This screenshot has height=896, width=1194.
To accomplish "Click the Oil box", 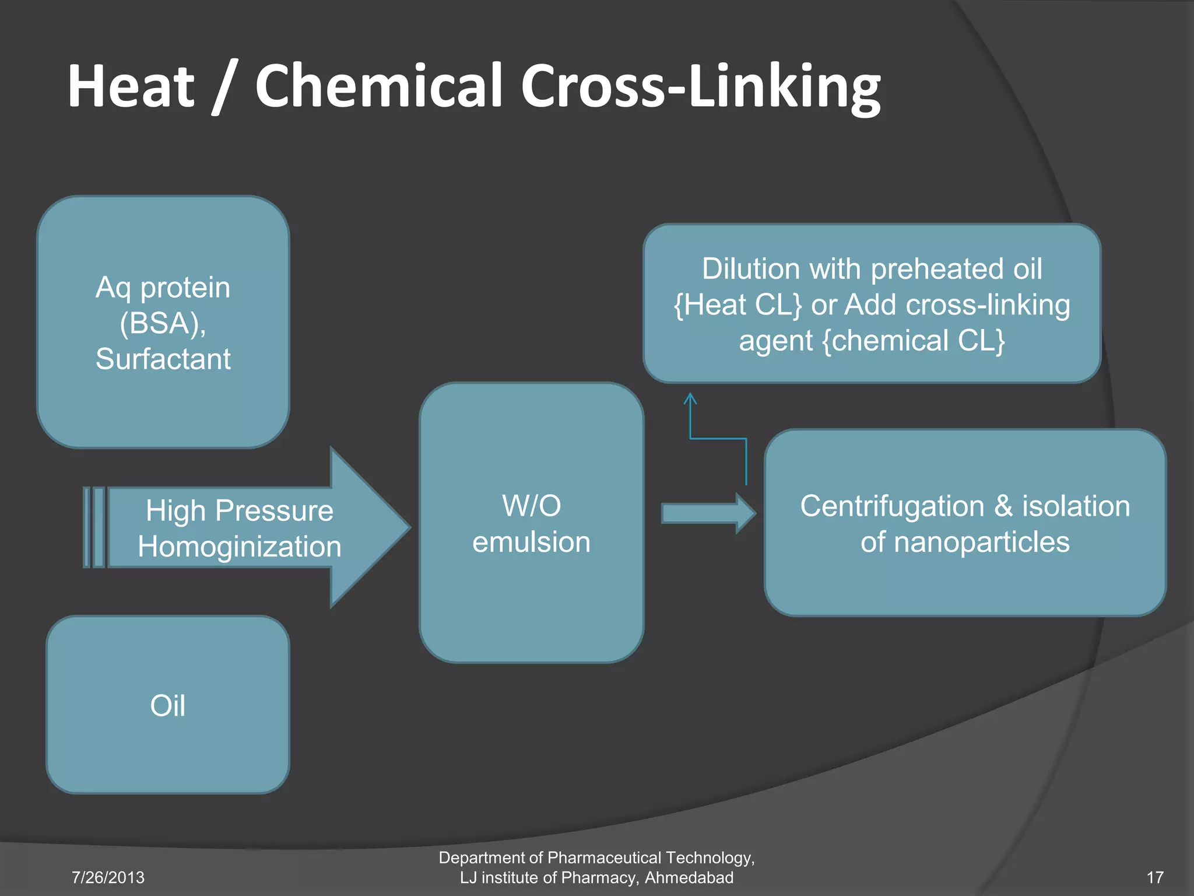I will [x=168, y=705].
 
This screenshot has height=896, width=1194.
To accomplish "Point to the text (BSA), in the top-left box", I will [x=163, y=323].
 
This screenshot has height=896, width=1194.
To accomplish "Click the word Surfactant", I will [x=163, y=359].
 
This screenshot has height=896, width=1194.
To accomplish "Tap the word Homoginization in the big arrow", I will [x=240, y=547].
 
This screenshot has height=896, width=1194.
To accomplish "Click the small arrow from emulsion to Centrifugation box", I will [x=708, y=513].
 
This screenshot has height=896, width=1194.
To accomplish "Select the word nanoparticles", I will [x=982, y=542].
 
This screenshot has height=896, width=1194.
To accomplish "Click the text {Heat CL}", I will [x=738, y=305].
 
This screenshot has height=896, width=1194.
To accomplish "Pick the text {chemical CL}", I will [x=914, y=341].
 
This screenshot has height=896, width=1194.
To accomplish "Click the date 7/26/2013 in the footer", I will [x=108, y=877].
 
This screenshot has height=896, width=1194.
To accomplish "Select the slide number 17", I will [x=1155, y=877].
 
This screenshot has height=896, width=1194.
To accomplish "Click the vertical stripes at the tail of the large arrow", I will [x=94, y=527].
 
